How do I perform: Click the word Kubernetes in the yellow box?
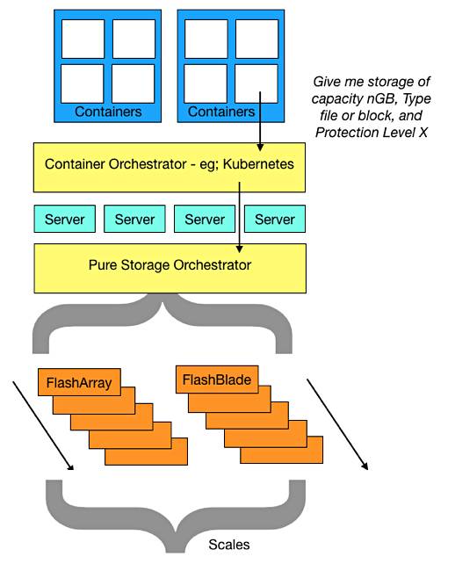pyautogui.click(x=258, y=164)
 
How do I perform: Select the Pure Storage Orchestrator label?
pyautogui.click(x=170, y=264)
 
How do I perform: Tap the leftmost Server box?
pyautogui.click(x=65, y=219)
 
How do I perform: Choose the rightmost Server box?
pyautogui.click(x=275, y=219)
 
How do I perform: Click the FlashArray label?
pyautogui.click(x=79, y=383)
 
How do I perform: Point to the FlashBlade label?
pyautogui.click(x=217, y=379)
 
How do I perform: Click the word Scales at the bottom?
pyautogui.click(x=229, y=545)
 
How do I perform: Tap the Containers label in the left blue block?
pyautogui.click(x=108, y=112)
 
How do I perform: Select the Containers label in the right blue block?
pyautogui.click(x=221, y=112)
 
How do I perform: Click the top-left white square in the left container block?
pyautogui.click(x=83, y=39)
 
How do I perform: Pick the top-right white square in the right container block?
pyautogui.click(x=257, y=39)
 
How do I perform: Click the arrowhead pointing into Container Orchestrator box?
pyautogui.click(x=260, y=147)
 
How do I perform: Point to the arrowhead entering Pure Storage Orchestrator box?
pyautogui.click(x=240, y=249)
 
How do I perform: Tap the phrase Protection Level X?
pyautogui.click(x=372, y=133)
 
